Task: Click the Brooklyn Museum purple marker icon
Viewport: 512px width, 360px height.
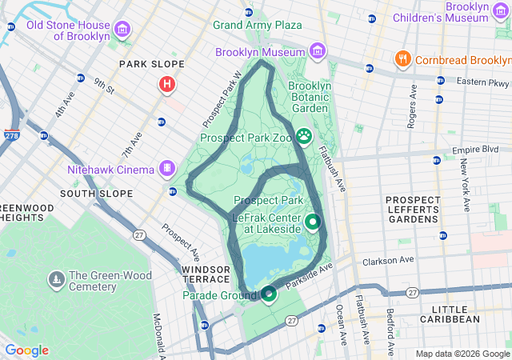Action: point(318,52)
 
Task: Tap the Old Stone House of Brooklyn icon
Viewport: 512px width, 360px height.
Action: point(122,30)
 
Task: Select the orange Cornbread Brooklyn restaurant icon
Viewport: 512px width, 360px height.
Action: point(402,60)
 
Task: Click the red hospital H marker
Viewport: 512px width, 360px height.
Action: point(167,83)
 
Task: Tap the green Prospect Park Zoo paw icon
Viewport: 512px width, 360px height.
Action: point(304,136)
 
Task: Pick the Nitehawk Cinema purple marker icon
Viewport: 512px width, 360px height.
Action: point(166,168)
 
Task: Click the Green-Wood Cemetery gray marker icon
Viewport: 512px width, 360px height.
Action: point(56,279)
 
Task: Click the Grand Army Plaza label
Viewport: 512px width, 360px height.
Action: point(257,25)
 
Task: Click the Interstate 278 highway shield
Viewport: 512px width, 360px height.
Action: point(12,136)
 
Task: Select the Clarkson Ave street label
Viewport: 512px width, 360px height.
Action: point(388,260)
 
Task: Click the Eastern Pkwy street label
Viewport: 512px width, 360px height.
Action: point(482,82)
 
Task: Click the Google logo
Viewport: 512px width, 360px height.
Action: point(26,350)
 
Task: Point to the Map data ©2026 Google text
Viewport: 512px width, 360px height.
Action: point(462,354)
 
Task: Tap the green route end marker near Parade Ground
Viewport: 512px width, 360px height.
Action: point(269,294)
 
